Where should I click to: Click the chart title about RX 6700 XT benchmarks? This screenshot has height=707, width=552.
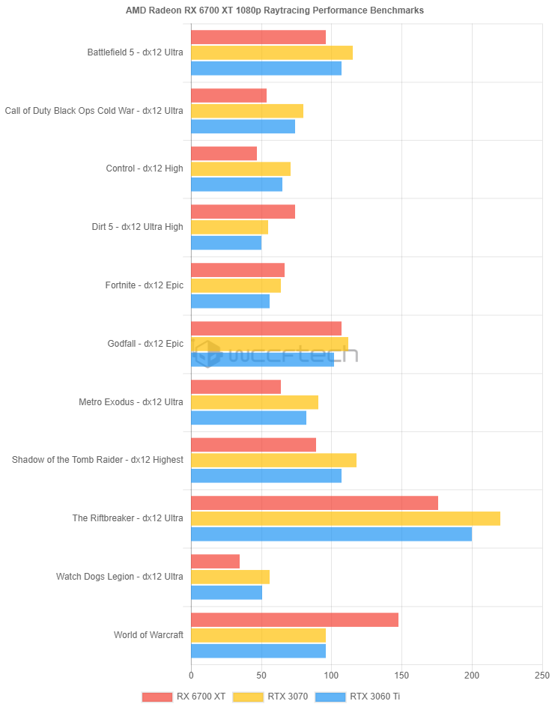tap(275, 10)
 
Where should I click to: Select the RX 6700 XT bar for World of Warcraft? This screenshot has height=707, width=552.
tap(294, 620)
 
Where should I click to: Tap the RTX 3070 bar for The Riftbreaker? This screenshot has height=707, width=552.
tap(345, 518)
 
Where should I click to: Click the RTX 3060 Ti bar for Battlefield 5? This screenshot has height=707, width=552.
tap(266, 68)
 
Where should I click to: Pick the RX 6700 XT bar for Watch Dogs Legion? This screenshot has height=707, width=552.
tap(215, 561)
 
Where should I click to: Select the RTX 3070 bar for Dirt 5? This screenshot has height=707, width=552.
tap(229, 227)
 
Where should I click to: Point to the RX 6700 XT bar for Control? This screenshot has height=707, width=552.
tap(224, 154)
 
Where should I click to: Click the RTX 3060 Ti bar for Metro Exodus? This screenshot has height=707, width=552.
tap(249, 418)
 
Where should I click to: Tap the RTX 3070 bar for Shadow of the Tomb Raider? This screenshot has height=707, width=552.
tap(273, 460)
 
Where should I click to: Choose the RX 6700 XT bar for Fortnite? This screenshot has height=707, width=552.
tap(237, 270)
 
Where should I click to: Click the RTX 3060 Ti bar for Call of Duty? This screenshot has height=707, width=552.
tap(243, 127)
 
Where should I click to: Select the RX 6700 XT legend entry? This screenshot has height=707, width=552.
tap(184, 697)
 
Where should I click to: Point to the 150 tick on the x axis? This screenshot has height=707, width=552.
tap(401, 675)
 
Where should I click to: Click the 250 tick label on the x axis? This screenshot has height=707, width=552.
tap(542, 675)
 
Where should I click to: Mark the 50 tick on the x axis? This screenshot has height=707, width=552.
tap(261, 675)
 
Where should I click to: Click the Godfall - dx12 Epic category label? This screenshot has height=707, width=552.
tap(145, 344)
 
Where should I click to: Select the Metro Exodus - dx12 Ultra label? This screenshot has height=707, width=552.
tap(131, 402)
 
